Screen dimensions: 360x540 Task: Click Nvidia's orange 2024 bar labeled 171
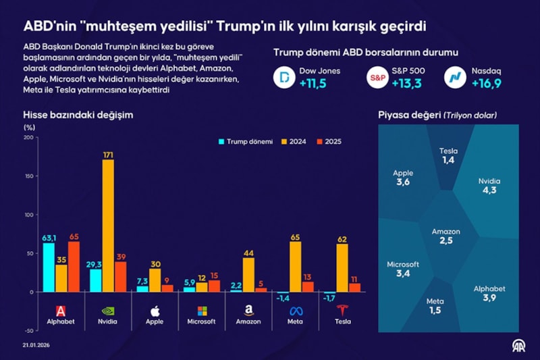[108, 226]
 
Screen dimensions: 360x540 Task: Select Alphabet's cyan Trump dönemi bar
[49, 267]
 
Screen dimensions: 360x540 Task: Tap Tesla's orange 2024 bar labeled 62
[342, 268]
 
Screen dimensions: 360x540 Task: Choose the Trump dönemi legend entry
[246, 142]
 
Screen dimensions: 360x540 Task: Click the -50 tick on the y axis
[28, 331]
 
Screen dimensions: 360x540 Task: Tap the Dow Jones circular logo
[286, 78]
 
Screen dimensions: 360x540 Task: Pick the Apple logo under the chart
[155, 311]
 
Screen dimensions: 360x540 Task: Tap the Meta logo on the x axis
[295, 311]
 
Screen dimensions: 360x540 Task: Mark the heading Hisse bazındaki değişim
[78, 115]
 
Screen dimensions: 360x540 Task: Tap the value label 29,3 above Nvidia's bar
[95, 264]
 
